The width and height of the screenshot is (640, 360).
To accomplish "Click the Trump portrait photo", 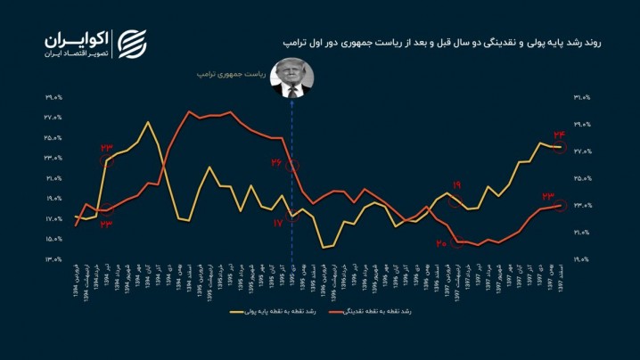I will pyautogui.click(x=291, y=77).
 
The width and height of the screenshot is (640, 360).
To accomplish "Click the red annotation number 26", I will pyautogui.click(x=277, y=163).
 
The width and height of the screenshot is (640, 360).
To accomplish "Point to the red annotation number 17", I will pyautogui.click(x=278, y=222).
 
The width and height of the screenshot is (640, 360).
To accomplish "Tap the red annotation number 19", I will pyautogui.click(x=456, y=185).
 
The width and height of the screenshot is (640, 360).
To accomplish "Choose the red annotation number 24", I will pyautogui.click(x=560, y=134).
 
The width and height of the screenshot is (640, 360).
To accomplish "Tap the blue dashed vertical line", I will pyautogui.click(x=292, y=178).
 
